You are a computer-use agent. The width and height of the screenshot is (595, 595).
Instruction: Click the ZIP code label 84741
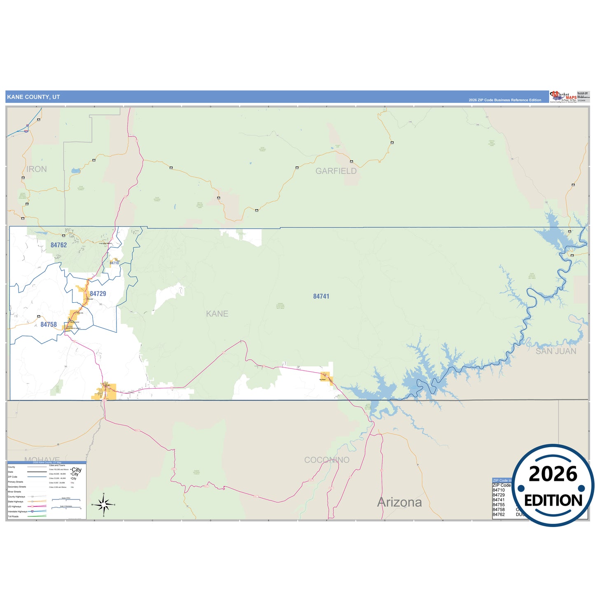click(x=321, y=296)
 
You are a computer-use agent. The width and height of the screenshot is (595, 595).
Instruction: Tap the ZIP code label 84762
click(x=58, y=245)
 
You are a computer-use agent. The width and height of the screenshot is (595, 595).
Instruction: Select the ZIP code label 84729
click(x=98, y=294)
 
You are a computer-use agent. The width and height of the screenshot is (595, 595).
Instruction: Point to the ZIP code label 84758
click(x=49, y=324)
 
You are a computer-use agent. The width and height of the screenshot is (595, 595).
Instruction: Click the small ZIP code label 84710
click(x=114, y=263)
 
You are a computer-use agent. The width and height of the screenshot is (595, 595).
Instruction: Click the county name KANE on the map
click(x=217, y=314)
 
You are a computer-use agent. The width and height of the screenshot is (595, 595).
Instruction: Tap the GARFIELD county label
click(x=336, y=171)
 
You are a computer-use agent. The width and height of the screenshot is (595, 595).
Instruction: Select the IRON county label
click(x=37, y=169)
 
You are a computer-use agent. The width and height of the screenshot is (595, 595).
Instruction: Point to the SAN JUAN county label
click(x=556, y=351)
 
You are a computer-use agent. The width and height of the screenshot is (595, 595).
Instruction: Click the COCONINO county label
click(x=327, y=460)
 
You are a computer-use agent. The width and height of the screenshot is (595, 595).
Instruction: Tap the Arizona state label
click(x=399, y=502)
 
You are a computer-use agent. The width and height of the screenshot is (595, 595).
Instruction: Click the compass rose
click(x=104, y=504)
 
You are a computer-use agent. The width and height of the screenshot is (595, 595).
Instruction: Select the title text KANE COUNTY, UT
click(x=33, y=97)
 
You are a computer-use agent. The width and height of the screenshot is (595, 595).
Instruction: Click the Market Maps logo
click(x=563, y=97)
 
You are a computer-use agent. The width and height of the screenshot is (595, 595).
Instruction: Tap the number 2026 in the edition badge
click(x=553, y=474)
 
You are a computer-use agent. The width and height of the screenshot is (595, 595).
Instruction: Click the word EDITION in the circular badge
click(x=553, y=500)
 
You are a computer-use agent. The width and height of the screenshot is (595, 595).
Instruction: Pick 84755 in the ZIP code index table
click(x=499, y=505)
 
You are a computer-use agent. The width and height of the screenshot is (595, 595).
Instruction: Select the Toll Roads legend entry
click(x=13, y=516)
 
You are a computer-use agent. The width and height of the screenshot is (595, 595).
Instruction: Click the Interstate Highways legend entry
click(x=17, y=511)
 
